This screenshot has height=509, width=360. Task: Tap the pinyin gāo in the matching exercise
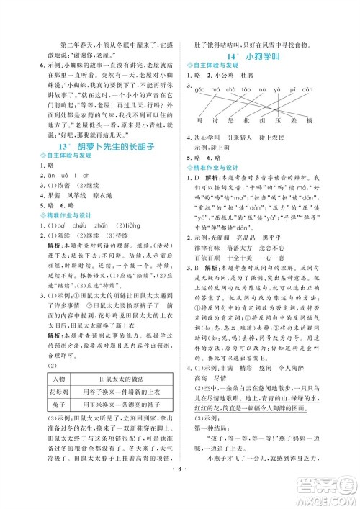(x=198, y=90)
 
